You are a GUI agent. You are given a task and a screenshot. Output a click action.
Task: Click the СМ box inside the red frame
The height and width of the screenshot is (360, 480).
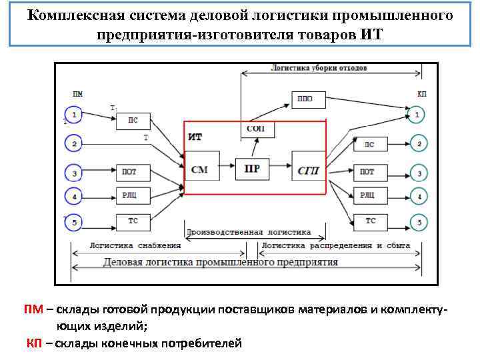[x=200, y=169]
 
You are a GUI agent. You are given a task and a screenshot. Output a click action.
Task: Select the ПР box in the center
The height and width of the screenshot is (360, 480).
[x=252, y=169]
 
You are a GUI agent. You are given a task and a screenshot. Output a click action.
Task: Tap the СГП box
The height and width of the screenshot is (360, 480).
[x=309, y=170]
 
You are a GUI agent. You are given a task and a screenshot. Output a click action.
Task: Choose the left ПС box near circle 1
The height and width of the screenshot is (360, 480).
[x=133, y=120]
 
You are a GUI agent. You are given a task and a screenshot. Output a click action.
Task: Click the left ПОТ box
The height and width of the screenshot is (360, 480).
[x=129, y=172]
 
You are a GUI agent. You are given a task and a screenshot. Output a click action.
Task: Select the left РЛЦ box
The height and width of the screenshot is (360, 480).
[x=129, y=195]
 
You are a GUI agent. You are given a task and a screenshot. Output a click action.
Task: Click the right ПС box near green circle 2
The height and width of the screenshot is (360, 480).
[x=369, y=144]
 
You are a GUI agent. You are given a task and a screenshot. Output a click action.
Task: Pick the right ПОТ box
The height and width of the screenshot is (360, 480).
[x=367, y=172]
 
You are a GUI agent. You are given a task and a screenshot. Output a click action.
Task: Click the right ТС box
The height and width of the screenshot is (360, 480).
[x=370, y=221]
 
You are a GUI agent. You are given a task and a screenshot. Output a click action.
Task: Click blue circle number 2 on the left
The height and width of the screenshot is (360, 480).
[x=74, y=143]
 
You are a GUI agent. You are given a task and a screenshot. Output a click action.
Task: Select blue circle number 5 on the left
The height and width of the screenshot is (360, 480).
[x=74, y=222]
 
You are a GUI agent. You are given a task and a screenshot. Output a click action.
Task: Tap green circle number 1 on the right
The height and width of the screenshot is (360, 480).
[x=417, y=115]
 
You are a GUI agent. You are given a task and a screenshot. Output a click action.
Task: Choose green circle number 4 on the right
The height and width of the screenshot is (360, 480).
[x=418, y=197]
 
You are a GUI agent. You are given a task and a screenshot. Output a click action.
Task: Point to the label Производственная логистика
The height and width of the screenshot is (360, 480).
[x=249, y=233]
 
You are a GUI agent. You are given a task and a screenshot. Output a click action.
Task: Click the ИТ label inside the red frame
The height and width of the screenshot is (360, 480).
[x=195, y=136]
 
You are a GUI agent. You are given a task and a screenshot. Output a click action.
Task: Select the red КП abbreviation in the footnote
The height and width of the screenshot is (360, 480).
[x=35, y=343]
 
